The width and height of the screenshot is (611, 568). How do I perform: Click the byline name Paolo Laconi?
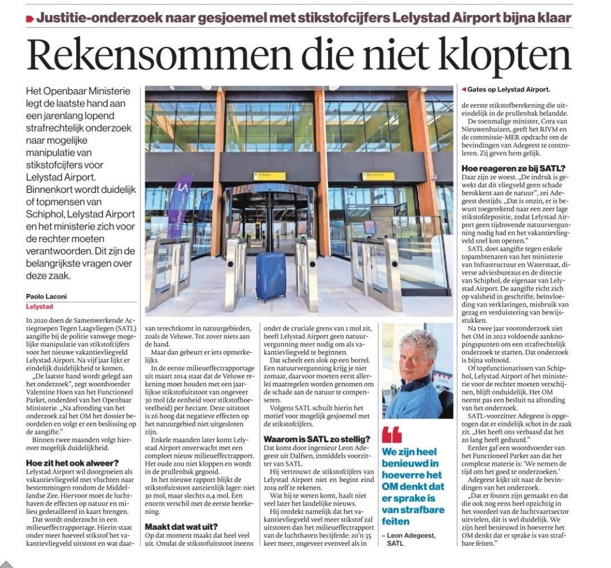[x=46, y=297]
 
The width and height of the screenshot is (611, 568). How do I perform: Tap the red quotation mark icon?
[x=391, y=435]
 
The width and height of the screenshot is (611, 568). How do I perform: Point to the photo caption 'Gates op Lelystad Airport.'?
[x=508, y=89]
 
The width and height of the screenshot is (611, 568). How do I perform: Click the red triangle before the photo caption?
[x=464, y=89]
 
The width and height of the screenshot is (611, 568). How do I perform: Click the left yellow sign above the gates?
[x=270, y=176]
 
